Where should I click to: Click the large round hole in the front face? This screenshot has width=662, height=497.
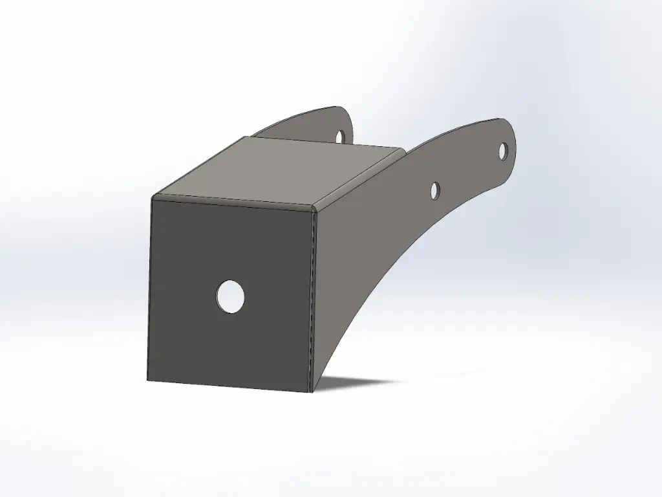(x=230, y=297)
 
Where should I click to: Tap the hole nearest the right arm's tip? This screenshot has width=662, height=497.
(x=503, y=151)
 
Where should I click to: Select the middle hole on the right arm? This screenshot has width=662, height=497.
(x=436, y=190)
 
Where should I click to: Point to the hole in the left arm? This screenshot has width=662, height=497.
(x=341, y=135)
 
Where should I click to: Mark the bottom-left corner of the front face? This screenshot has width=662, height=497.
(x=148, y=380)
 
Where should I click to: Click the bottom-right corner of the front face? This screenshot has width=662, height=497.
(x=311, y=391)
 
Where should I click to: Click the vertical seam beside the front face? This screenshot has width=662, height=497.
(x=315, y=298)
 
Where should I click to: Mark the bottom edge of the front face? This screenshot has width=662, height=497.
(x=230, y=386)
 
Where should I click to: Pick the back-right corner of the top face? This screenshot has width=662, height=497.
(x=404, y=150)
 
